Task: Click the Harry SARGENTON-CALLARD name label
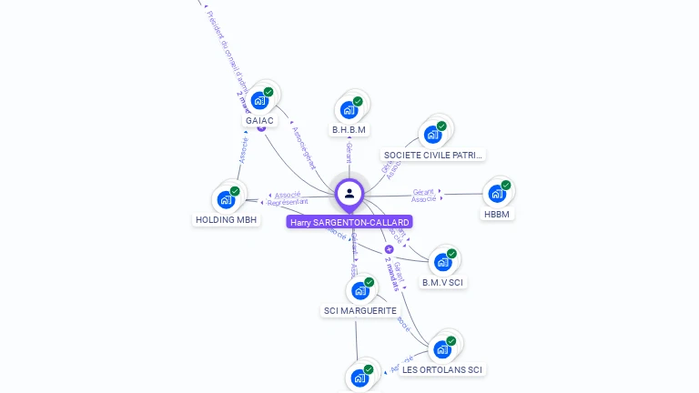click(349, 222)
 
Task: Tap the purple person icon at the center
click(349, 193)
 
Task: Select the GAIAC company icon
click(260, 100)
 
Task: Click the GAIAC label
click(259, 120)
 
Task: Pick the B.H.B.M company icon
click(349, 110)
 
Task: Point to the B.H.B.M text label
click(349, 130)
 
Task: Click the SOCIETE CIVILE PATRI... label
click(433, 155)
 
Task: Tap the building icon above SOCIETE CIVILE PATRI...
click(433, 135)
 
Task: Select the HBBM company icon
click(497, 194)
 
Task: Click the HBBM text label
click(497, 214)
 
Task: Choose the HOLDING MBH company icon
click(226, 199)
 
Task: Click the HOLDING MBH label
click(227, 219)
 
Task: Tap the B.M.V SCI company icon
click(443, 262)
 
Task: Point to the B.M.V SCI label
click(443, 282)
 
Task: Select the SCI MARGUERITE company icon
click(360, 290)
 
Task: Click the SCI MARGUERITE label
click(360, 310)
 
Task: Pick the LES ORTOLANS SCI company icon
click(442, 349)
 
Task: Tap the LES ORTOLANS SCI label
click(442, 369)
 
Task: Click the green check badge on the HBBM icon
click(506, 185)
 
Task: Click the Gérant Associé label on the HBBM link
click(423, 195)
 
